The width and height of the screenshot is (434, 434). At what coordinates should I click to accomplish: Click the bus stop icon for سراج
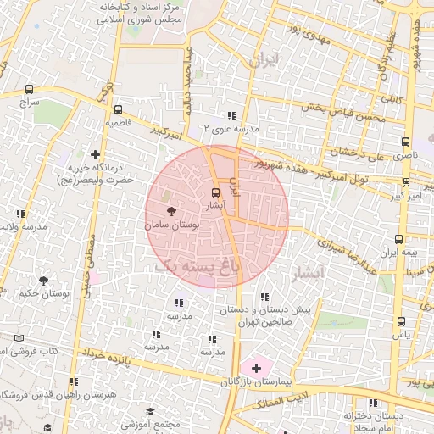(30, 88)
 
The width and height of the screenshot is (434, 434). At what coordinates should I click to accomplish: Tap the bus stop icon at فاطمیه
(118, 108)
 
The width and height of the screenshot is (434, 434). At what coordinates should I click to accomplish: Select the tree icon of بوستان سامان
(171, 210)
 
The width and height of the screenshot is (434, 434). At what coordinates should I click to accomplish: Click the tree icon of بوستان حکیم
(43, 281)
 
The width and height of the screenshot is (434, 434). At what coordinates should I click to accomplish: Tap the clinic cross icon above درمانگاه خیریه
(95, 154)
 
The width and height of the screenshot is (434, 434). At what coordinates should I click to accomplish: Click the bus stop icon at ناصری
(405, 142)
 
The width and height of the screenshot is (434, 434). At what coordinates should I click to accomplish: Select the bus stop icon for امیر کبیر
(408, 182)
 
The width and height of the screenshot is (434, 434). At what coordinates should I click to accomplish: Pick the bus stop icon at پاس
(400, 321)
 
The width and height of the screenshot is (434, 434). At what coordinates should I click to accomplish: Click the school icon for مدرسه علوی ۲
(231, 115)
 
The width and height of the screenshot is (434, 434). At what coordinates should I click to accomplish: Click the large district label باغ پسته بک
(197, 265)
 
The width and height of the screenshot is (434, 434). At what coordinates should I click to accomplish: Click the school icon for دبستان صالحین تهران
(264, 297)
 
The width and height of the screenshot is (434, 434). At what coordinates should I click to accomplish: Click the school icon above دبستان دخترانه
(373, 403)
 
